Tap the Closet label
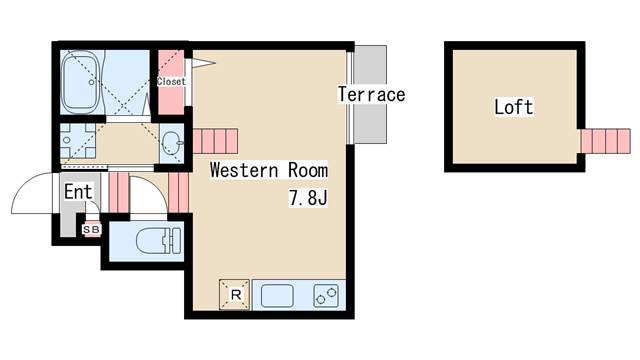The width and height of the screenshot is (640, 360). click(171, 82)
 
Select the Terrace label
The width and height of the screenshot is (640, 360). click(371, 94)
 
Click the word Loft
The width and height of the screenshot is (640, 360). click(514, 107)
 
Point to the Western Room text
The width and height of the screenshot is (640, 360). click(269, 170)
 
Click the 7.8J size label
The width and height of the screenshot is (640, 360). click(308, 198)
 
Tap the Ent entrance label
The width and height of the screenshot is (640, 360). click(78, 191)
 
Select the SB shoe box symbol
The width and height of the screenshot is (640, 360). click(91, 230)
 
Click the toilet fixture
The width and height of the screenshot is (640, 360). click(158, 241)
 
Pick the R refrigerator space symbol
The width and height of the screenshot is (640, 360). click(234, 294)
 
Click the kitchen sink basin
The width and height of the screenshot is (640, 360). click(277, 296)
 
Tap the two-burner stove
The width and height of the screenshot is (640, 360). click(326, 296)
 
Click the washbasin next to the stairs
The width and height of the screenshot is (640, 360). click(171, 143)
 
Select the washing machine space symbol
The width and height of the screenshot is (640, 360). click(78, 140)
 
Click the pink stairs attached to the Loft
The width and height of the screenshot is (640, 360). click(606, 141)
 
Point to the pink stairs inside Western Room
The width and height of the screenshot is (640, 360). click(215, 141)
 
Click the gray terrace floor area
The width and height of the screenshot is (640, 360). click(370, 94)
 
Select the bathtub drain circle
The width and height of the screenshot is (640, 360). click(91, 82)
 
